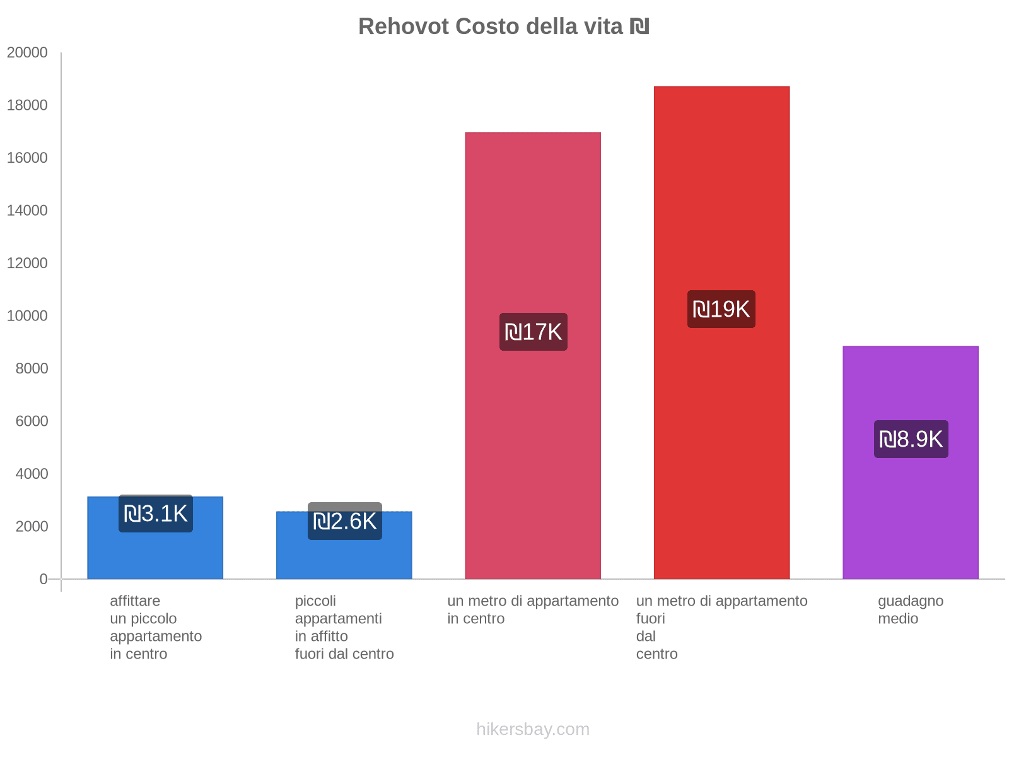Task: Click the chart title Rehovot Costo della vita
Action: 503,26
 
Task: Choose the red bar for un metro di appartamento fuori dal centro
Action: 721,442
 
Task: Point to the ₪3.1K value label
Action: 156,514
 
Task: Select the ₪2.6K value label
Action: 344,522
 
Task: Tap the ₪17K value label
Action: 534,332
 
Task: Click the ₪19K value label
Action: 721,309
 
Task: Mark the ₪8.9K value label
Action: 911,439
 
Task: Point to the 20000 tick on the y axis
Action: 28,52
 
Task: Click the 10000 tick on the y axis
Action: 28,315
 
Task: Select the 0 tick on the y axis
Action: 44,579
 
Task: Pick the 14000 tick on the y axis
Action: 28,210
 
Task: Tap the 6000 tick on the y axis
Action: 32,421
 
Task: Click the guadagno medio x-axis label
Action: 910,609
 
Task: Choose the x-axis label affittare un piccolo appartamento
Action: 155,627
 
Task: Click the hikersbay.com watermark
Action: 533,729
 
